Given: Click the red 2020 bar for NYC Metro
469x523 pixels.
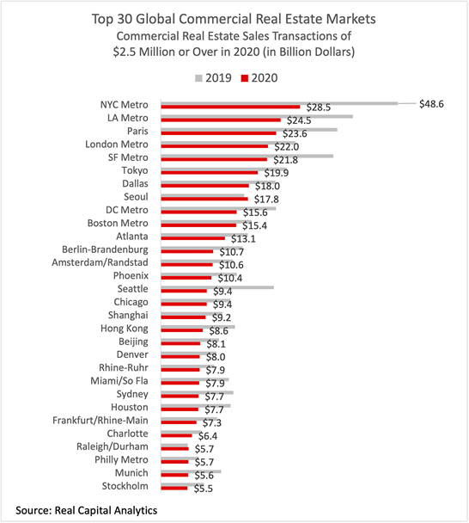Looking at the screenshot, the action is (x=230, y=107).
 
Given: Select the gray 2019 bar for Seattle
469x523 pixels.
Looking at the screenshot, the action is (x=217, y=287).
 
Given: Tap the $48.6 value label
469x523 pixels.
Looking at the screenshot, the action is (x=431, y=104).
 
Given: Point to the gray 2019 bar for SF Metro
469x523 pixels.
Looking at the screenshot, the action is (x=247, y=156).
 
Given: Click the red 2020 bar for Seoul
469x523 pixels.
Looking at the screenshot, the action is (x=204, y=199).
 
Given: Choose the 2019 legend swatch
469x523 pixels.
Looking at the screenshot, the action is (x=198, y=78).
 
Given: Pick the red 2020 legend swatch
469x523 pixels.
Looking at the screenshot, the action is (x=245, y=78).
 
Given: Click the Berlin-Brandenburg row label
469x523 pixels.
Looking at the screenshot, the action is (x=105, y=249).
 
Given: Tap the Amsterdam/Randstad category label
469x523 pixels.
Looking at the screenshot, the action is (x=100, y=263).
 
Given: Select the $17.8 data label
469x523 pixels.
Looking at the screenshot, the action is (x=266, y=199).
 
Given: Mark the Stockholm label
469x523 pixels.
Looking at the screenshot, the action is (x=125, y=486).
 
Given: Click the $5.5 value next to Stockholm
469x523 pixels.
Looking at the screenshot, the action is (x=204, y=489).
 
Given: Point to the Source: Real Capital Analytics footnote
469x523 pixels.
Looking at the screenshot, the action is (x=86, y=510).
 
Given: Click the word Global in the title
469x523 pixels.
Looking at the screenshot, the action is (x=155, y=19).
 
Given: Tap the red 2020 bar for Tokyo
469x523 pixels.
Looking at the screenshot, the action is (x=210, y=172).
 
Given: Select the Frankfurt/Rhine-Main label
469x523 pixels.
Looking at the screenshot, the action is (x=100, y=421).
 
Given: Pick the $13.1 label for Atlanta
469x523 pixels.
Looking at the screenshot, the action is (x=243, y=239).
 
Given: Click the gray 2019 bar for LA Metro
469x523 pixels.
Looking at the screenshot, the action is (x=257, y=116).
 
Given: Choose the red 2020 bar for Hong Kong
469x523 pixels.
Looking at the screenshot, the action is (x=182, y=330).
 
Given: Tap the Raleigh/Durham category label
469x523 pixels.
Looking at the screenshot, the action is (x=113, y=446).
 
